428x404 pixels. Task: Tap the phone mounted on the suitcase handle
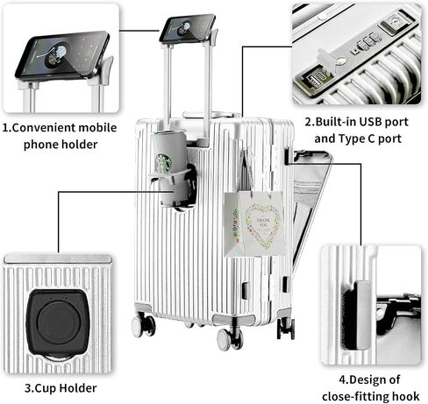click(x=188, y=29)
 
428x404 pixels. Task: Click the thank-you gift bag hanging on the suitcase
click(x=253, y=223)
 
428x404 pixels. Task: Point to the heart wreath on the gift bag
click(x=262, y=224)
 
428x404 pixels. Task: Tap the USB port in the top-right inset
click(x=312, y=81)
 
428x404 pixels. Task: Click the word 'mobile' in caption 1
click(x=97, y=128)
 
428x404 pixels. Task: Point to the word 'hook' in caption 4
click(x=405, y=396)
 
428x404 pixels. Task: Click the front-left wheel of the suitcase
click(x=143, y=325)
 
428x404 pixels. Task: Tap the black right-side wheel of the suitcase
click(x=286, y=329)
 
